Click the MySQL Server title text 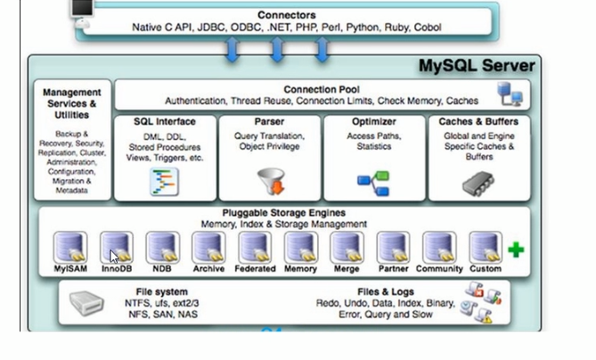coord(478,66)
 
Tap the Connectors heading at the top coord(286,15)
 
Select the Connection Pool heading coord(321,89)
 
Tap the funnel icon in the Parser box coord(270,181)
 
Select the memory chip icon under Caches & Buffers coord(478,182)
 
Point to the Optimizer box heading coord(374,121)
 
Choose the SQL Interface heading coord(165,121)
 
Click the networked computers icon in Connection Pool coord(510,94)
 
